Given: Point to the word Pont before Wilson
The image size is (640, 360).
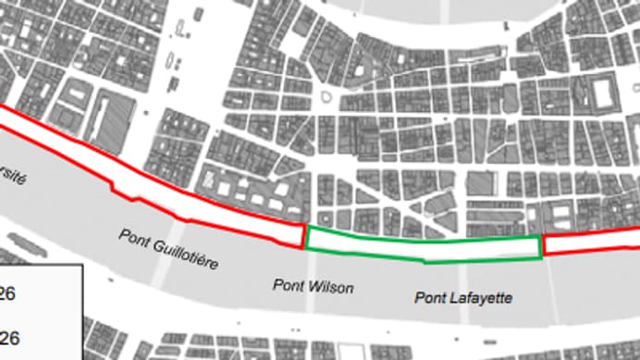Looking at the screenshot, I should click(x=288, y=285).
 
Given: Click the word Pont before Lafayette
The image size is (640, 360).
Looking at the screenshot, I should click(x=428, y=296).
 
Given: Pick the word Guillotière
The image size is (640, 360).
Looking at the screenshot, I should click(x=183, y=253).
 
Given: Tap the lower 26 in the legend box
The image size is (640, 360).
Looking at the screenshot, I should click(x=9, y=338).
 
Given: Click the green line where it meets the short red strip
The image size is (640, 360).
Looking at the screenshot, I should click(x=541, y=246).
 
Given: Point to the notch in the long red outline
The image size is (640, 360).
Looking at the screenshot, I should click(x=115, y=189).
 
